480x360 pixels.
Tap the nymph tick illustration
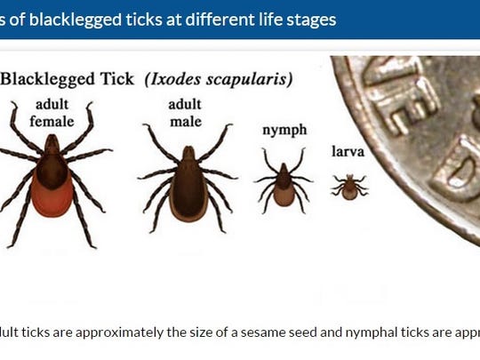click(x=283, y=181)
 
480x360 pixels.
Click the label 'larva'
click(x=348, y=152)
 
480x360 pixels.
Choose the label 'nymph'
click(x=284, y=130)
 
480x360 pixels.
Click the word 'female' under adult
click(x=52, y=120)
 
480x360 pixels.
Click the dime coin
click(x=418, y=133)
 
